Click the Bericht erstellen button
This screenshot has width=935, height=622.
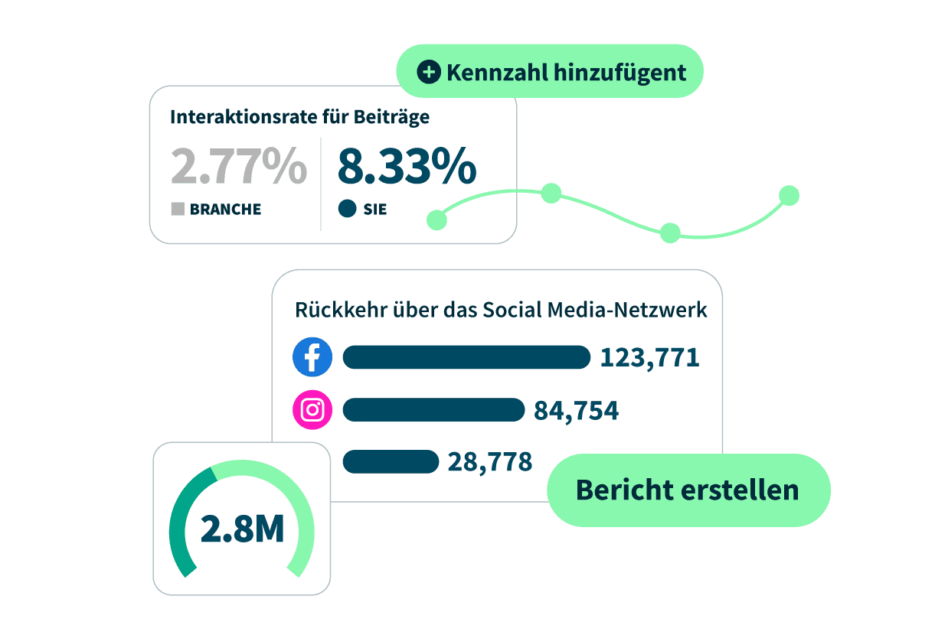pyautogui.click(x=688, y=490)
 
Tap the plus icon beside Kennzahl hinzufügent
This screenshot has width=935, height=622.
pyautogui.click(x=429, y=73)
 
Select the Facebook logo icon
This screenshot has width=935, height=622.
pyautogui.click(x=312, y=357)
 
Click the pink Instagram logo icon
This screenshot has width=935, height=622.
pyautogui.click(x=312, y=410)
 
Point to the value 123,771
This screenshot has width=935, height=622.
pyautogui.click(x=649, y=357)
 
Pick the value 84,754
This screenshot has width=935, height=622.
pyautogui.click(x=576, y=411)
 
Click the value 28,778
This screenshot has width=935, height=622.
pyautogui.click(x=490, y=462)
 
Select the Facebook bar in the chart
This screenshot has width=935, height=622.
pyautogui.click(x=466, y=357)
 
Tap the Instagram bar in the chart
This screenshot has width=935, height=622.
pyautogui.click(x=433, y=410)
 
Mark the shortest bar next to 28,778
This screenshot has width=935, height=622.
pyautogui.click(x=391, y=462)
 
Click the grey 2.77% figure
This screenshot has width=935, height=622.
pyautogui.click(x=238, y=166)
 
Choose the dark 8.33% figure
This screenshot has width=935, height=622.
pyautogui.click(x=407, y=166)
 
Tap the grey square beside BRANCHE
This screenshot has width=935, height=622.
pyautogui.click(x=178, y=209)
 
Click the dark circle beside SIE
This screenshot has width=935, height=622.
pyautogui.click(x=347, y=209)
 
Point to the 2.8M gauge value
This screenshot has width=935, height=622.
pyautogui.click(x=242, y=529)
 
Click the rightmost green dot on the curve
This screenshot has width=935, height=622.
pyautogui.click(x=789, y=196)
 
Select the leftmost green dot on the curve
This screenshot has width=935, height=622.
pyautogui.click(x=436, y=220)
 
